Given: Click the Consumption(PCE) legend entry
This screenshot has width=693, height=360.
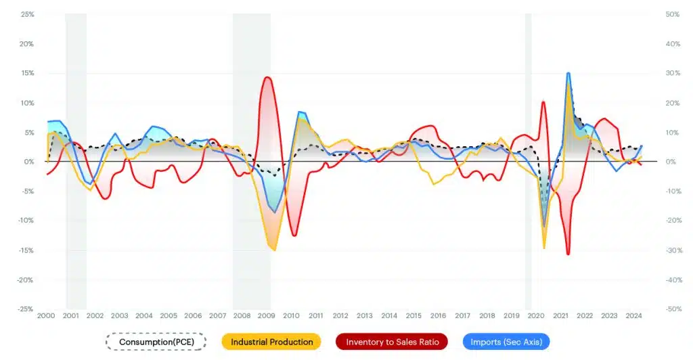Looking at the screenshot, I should point(156,342).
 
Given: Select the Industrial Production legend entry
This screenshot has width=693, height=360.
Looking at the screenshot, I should point(271,342).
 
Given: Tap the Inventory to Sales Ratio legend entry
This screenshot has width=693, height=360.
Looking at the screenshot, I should point(392,342).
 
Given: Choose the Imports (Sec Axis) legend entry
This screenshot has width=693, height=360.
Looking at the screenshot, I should point(506,342).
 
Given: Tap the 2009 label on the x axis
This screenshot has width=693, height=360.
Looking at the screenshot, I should point(267,315).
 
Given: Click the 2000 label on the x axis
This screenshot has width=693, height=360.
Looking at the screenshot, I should point(46,315).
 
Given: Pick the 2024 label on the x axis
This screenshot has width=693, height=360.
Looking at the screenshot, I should point(633,315).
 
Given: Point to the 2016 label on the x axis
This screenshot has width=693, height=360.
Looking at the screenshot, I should point(438,315).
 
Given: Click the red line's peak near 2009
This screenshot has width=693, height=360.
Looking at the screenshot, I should point(267,77).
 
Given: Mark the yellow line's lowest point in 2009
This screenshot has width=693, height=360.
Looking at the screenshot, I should point(274,250).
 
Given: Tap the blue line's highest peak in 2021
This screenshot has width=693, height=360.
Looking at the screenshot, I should point(568,73).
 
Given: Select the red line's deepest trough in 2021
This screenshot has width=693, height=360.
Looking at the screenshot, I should point(568,254).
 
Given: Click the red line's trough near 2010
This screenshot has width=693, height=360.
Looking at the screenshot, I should point(294,235).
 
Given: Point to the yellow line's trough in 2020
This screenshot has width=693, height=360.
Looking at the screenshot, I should point(544,248).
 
